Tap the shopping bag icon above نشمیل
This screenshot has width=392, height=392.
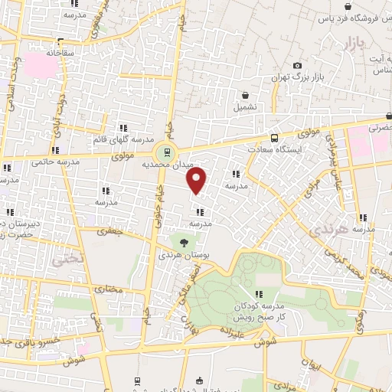244,96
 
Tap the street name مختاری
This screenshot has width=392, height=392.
108,289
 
